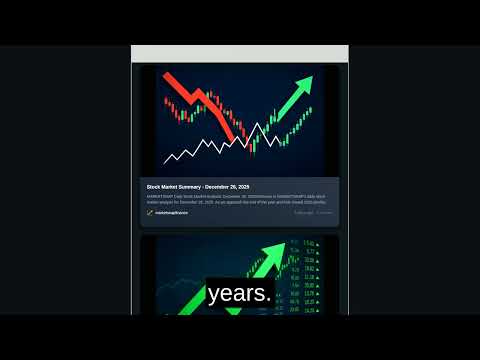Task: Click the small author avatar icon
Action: (150, 213)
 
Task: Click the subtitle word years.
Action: (240, 294)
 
